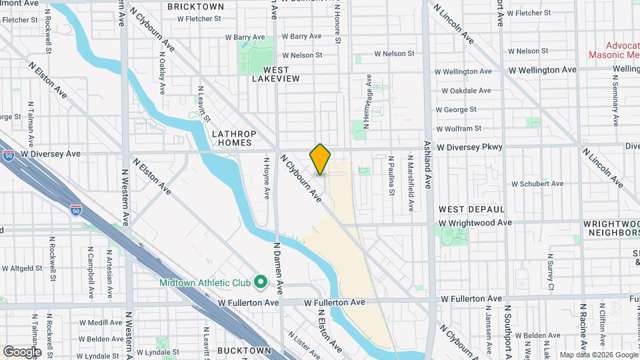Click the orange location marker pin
pos(320,159)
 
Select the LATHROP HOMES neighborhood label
pos(231,138)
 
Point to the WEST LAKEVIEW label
pos(276,74)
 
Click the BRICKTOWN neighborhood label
pos(195,7)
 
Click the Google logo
pos(22,351)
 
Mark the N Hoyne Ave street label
pos(266,178)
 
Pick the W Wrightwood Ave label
pos(475,223)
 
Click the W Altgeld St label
pos(22,268)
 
